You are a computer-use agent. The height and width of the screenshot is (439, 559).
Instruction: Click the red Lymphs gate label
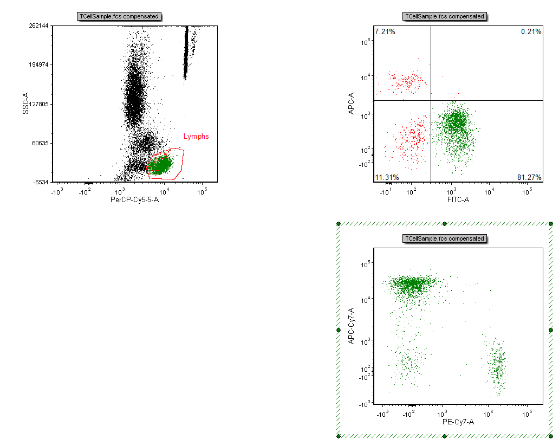click(x=196, y=137)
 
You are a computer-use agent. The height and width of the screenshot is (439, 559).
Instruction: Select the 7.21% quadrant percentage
click(x=385, y=32)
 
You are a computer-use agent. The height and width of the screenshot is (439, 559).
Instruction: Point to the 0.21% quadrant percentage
click(x=531, y=32)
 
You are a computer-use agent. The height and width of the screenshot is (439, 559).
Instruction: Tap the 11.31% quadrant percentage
click(x=386, y=177)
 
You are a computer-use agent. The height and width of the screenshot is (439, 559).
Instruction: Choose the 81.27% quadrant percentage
click(x=529, y=177)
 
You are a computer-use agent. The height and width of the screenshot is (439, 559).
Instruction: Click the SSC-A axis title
click(x=25, y=104)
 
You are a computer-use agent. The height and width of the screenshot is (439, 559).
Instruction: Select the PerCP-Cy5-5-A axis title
click(x=134, y=201)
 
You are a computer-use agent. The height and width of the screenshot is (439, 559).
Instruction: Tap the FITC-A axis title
click(x=458, y=201)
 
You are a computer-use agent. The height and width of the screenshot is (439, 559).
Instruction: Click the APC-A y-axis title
click(x=351, y=104)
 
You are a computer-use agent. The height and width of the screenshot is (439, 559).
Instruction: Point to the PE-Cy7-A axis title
click(x=458, y=422)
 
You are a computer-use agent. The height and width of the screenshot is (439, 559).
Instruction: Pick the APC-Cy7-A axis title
click(x=351, y=326)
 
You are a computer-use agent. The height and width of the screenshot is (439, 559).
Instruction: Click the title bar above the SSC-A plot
click(x=120, y=16)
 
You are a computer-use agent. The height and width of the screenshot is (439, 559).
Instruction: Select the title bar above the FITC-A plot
click(x=444, y=16)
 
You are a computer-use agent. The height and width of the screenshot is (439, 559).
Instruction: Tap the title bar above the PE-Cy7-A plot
click(x=444, y=238)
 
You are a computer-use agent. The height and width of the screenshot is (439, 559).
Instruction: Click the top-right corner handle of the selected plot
click(x=551, y=224)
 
